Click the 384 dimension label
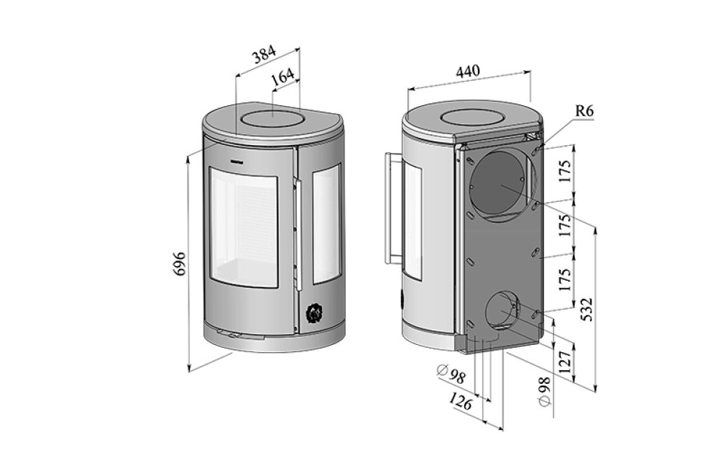coord(264,55)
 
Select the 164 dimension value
coord(282,77)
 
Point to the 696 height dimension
coord(180,264)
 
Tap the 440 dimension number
coord(468,72)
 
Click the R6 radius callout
coord(584,111)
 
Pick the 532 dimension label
coord(586,310)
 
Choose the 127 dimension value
coord(566,361)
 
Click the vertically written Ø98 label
coord(544,392)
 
